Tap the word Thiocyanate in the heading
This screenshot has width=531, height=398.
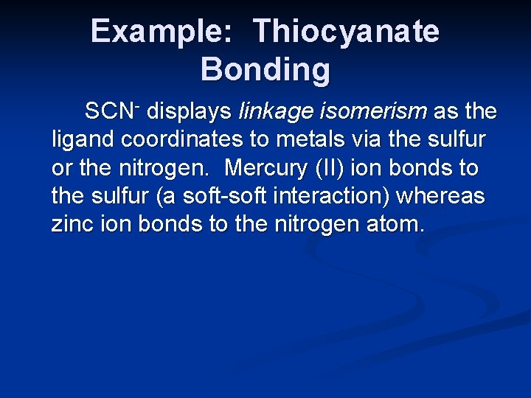pos(346,32)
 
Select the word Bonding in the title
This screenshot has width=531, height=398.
pos(265,70)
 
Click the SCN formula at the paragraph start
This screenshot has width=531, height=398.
pos(111,112)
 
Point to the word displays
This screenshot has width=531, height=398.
pos(189,112)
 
